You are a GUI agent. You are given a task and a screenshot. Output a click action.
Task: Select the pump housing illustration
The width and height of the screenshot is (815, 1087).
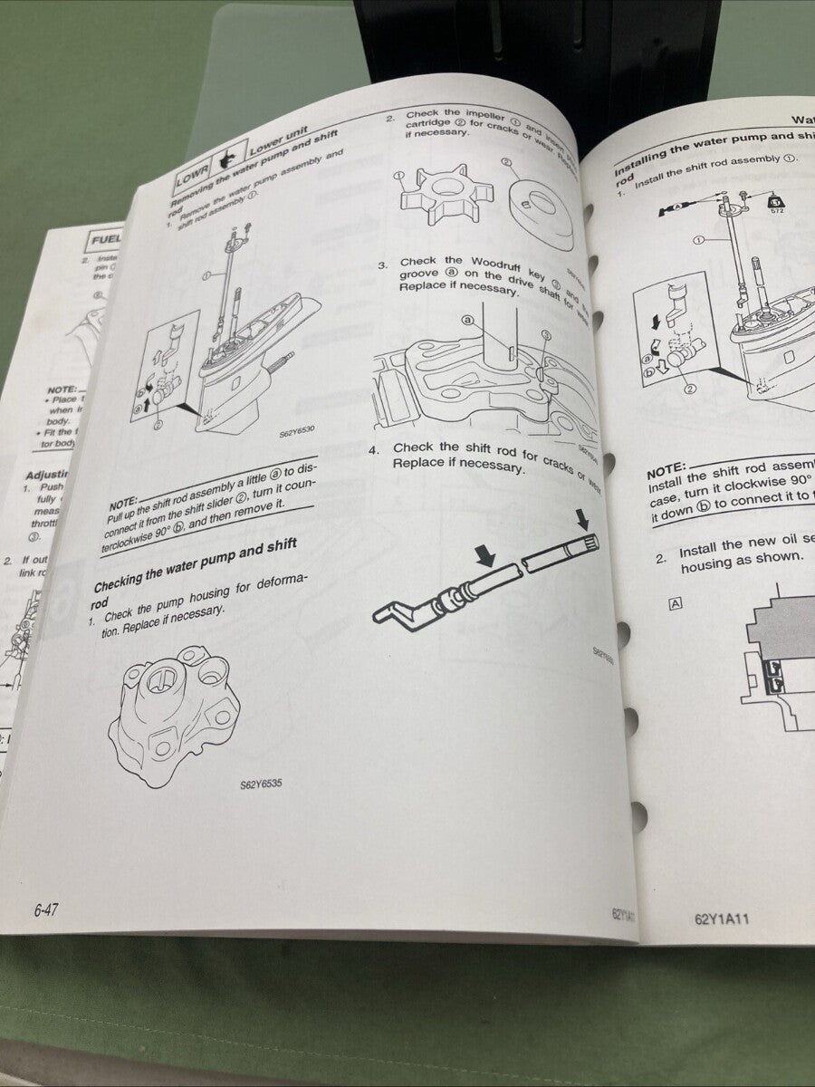(x=175, y=712)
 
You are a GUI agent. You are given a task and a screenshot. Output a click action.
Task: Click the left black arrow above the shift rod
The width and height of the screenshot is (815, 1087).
(x=485, y=559)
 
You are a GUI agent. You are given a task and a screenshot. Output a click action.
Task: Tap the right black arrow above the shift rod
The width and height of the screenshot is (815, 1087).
(x=580, y=519)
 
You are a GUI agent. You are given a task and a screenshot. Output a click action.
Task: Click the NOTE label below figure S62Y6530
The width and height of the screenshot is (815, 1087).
(x=124, y=503)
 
